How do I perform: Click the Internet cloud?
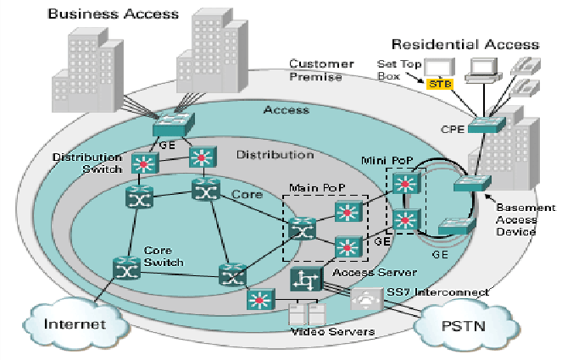click(x=75, y=324)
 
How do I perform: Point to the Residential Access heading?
click(x=465, y=44)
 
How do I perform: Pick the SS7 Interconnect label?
click(x=437, y=291)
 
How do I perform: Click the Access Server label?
click(x=374, y=273)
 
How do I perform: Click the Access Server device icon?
click(x=304, y=280)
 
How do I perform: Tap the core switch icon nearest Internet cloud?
click(x=124, y=268)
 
